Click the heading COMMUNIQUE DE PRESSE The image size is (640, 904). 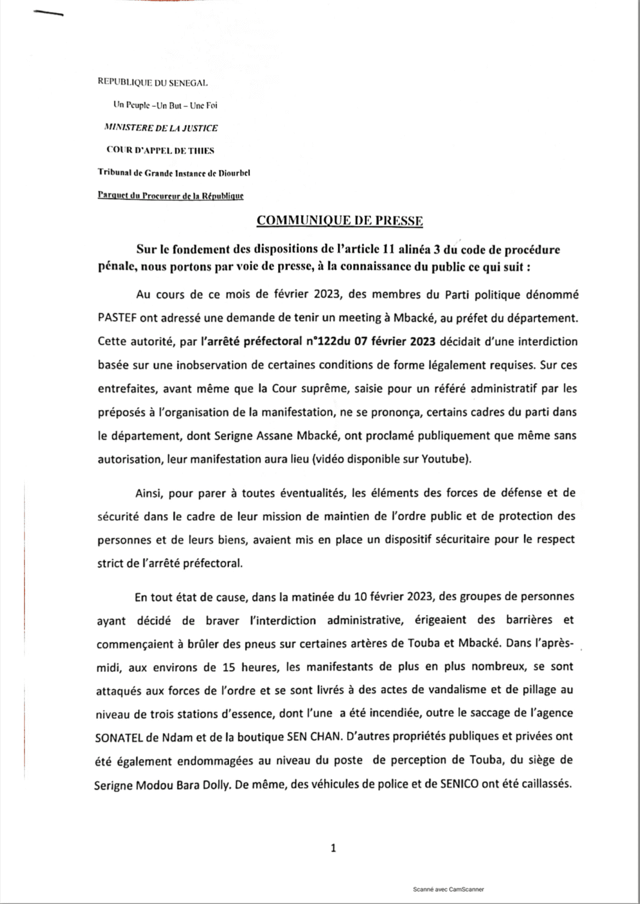340,221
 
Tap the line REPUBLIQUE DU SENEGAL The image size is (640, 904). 152,82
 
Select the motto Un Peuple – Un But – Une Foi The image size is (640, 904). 165,105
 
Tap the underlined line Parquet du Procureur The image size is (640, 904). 171,196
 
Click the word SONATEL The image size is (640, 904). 122,737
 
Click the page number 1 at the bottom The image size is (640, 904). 333,848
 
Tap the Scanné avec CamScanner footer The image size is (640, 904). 448,890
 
